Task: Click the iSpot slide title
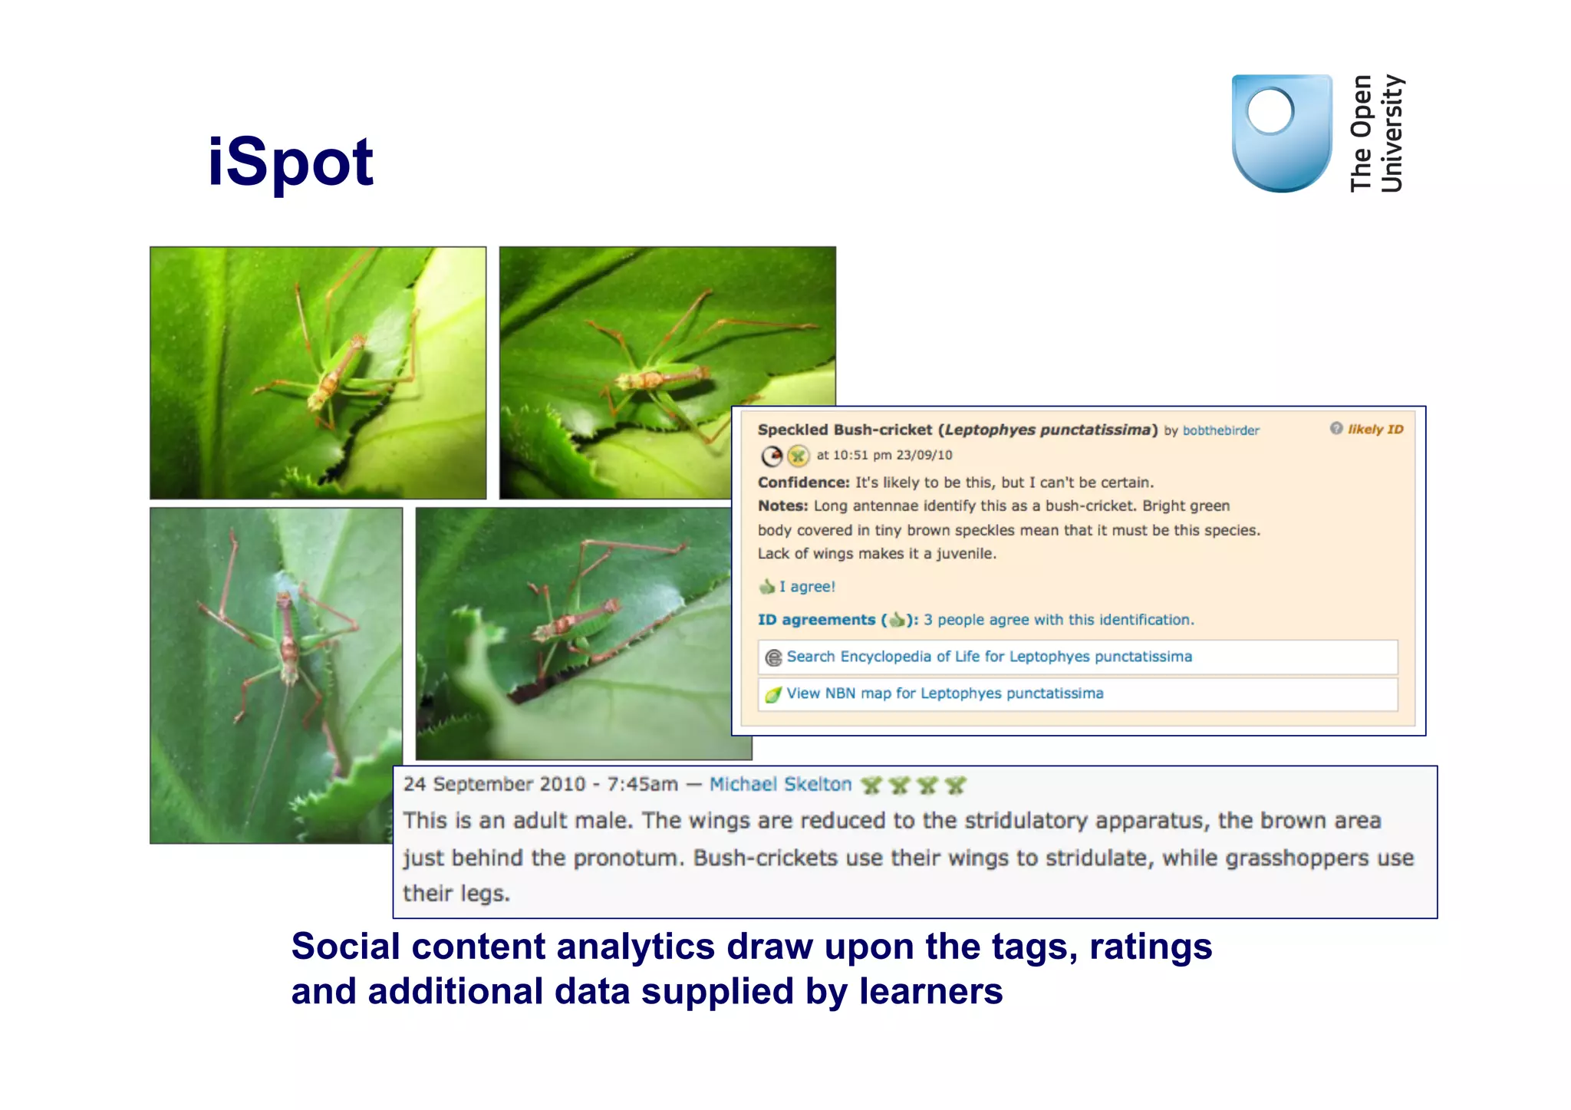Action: point(291,162)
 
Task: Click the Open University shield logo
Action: point(1281,133)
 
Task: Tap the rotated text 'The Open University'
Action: point(1376,133)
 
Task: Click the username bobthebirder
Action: point(1220,430)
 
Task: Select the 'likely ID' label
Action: point(1375,430)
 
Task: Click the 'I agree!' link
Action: point(807,587)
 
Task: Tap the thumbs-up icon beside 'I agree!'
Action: point(766,587)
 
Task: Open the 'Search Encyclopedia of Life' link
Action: point(989,657)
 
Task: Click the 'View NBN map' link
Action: point(944,693)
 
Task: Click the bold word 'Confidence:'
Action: point(803,483)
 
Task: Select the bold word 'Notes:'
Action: point(782,506)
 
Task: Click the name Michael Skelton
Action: point(780,784)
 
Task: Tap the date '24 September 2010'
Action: point(494,784)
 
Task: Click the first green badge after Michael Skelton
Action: point(871,785)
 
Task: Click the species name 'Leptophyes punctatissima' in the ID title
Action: point(1047,430)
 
